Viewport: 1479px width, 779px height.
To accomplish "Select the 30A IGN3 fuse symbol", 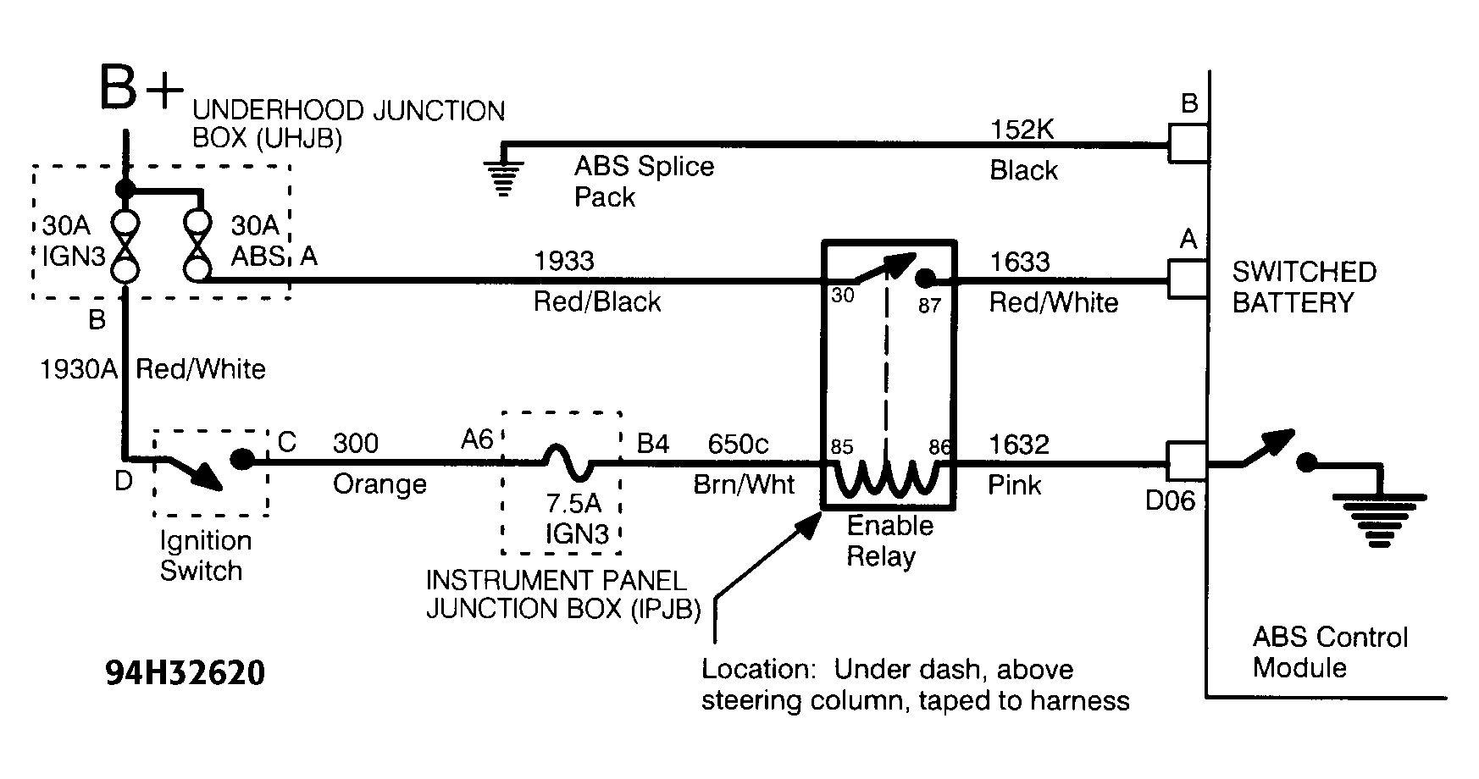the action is [125, 246].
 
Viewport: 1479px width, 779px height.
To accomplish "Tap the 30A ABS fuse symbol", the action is [197, 246].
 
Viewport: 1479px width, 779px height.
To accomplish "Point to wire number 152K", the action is [1023, 130].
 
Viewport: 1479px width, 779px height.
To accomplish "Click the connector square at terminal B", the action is [1188, 144].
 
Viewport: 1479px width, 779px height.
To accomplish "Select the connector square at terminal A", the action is [1188, 279].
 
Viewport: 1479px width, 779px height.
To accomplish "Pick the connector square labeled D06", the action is [1188, 462].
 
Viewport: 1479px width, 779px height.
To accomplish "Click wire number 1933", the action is [563, 261].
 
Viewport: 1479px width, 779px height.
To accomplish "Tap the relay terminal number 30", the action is [842, 296].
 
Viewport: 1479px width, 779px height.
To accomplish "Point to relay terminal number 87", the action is [929, 305].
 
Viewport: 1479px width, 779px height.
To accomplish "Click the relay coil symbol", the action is [889, 478].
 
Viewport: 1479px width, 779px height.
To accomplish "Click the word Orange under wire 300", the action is [379, 484].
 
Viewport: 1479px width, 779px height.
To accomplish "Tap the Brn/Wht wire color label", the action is [744, 484].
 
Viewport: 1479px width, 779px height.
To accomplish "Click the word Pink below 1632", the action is [1014, 485].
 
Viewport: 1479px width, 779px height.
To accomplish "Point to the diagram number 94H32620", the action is [186, 674].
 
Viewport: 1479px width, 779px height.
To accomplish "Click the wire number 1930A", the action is [79, 369].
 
